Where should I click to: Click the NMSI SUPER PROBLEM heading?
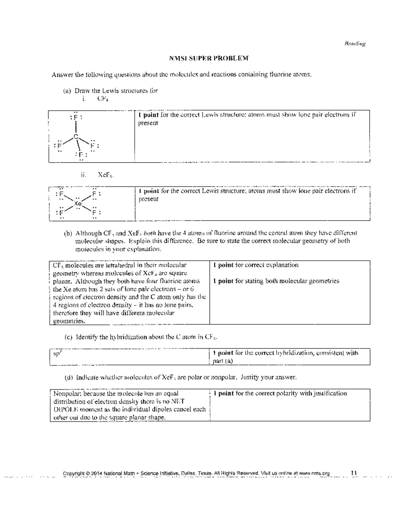coord(209,58)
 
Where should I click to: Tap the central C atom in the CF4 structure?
coord(76,136)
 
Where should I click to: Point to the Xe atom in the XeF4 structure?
coord(78,203)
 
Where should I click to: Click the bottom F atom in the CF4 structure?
coord(81,154)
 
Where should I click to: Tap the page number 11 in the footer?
coord(354,473)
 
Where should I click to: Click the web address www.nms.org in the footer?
coord(314,473)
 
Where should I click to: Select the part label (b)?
coord(68,233)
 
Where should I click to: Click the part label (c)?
coord(69,337)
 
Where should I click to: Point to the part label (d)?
coord(69,377)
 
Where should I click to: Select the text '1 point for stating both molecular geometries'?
coord(276,281)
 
